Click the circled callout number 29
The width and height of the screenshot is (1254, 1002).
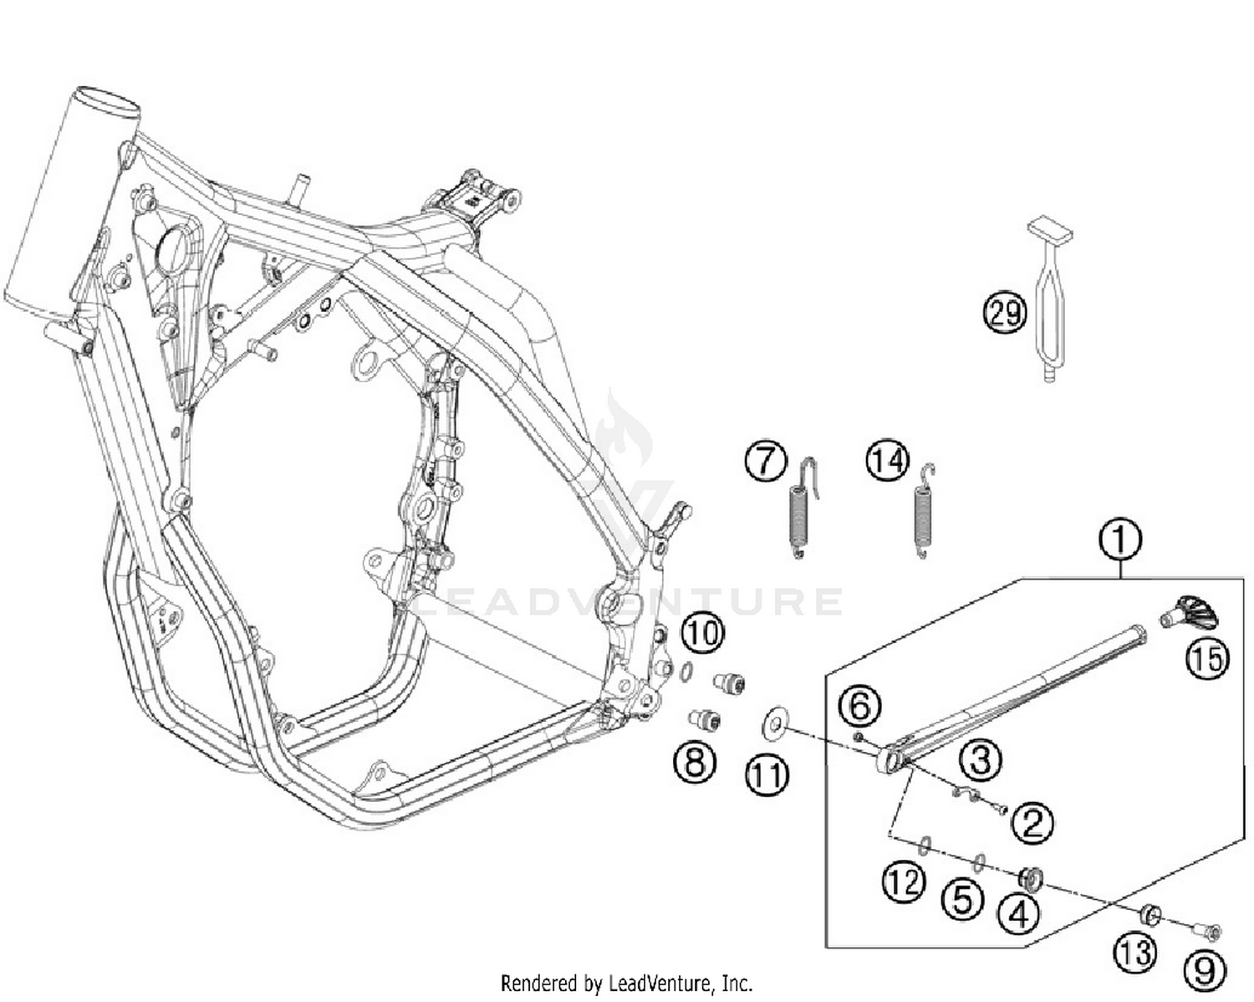pyautogui.click(x=1004, y=313)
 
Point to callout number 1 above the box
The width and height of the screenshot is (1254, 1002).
pyautogui.click(x=1120, y=539)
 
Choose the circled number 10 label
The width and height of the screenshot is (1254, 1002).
pyautogui.click(x=702, y=633)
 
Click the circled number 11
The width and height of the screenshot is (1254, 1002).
pyautogui.click(x=767, y=775)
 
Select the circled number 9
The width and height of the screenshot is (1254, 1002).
pyautogui.click(x=1204, y=971)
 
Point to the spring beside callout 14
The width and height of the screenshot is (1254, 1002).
pyautogui.click(x=924, y=512)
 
